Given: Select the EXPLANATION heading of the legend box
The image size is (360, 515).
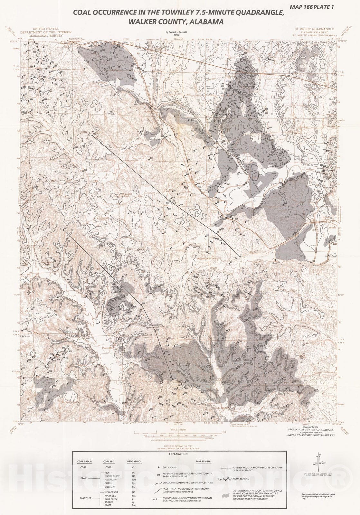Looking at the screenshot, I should [178, 454].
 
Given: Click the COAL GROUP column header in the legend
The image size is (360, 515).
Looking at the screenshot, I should [85, 462].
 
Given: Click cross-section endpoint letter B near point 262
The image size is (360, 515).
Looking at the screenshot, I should [61, 229].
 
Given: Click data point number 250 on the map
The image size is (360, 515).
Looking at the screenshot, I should [76, 147].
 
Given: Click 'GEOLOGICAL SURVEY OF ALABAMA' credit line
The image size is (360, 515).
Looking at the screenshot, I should [311, 429].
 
